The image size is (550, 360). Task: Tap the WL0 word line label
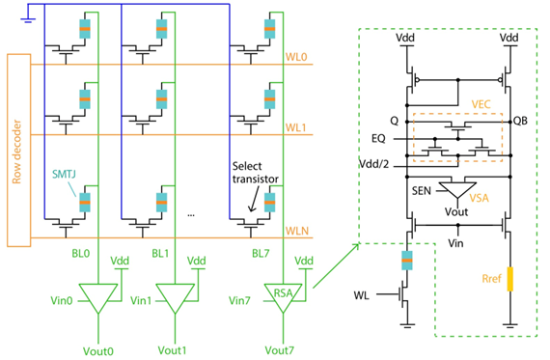[x=296, y=57]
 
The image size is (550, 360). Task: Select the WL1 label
[x=295, y=127]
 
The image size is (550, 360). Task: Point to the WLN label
[x=297, y=231]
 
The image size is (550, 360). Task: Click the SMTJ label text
[x=64, y=174]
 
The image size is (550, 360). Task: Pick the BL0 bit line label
[x=81, y=253]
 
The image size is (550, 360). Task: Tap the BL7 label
[x=261, y=253]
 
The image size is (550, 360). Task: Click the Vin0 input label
[x=62, y=301]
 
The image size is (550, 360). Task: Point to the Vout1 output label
[x=172, y=350]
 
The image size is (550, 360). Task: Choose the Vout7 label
[x=280, y=350]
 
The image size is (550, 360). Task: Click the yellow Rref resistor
[x=510, y=279]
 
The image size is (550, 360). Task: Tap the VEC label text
[x=481, y=104]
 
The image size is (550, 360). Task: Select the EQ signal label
[x=378, y=139]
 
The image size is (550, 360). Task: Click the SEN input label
[x=422, y=191]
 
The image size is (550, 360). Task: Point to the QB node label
[x=520, y=121]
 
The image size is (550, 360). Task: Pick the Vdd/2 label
[x=374, y=164]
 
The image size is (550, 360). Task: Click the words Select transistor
[x=256, y=173]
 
